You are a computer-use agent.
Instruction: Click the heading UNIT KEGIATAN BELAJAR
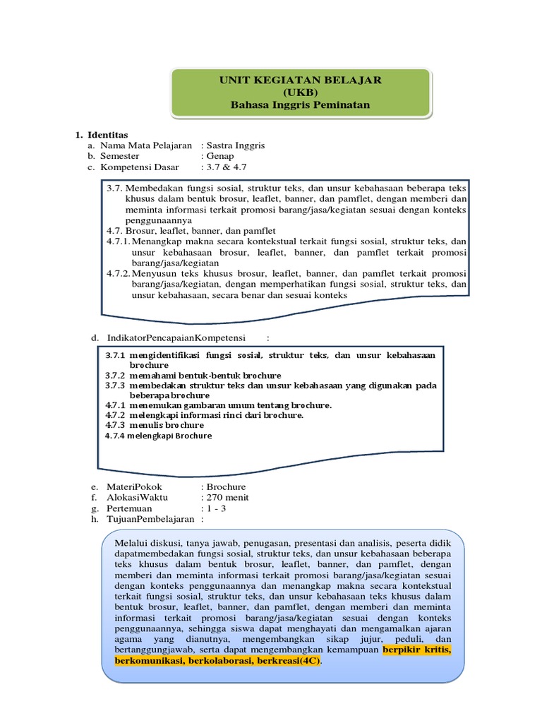tap(300, 80)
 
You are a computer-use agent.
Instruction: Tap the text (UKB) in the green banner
tap(300, 92)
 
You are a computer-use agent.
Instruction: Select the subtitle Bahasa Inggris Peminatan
tap(300, 105)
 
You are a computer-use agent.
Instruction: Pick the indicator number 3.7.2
tap(115, 375)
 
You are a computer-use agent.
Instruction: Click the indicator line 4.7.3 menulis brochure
tap(155, 425)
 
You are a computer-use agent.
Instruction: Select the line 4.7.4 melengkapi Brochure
tap(158, 436)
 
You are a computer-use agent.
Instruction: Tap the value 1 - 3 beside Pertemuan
tap(216, 508)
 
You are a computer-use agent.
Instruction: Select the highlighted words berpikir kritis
tap(417, 649)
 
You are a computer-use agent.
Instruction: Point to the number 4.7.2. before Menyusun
tap(118, 273)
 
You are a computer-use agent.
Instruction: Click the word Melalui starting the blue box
tap(131, 544)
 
